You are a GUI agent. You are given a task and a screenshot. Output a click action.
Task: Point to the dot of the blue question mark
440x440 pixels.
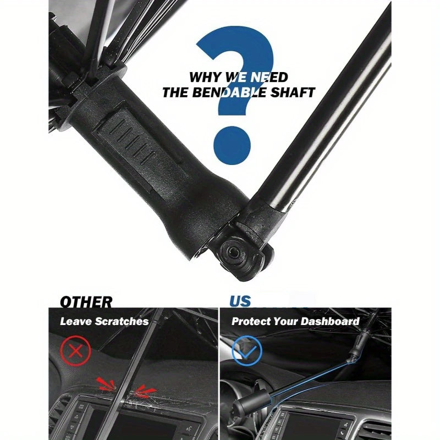click(232, 145)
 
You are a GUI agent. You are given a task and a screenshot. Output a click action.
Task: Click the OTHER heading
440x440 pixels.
click(86, 302)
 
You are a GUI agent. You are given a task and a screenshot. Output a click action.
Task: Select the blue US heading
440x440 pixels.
click(240, 301)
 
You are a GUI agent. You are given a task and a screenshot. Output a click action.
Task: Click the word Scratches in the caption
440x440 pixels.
click(122, 321)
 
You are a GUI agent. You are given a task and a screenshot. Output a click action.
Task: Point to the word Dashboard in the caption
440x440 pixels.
click(330, 321)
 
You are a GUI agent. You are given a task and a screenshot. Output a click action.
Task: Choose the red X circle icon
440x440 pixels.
click(75, 351)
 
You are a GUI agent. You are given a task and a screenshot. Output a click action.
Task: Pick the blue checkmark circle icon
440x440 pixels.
click(247, 350)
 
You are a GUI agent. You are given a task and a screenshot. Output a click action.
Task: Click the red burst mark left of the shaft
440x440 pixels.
click(106, 384)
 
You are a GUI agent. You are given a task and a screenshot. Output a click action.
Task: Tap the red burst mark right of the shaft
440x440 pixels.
click(145, 392)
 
